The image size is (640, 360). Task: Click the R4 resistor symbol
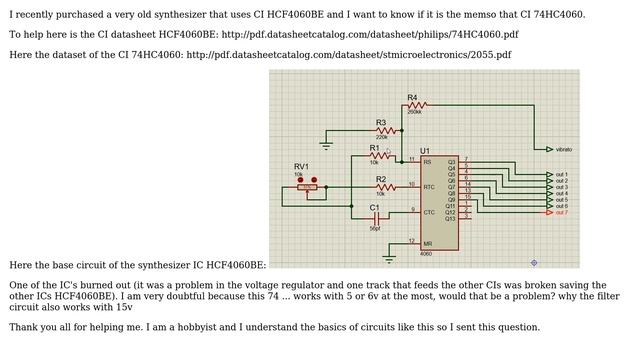pos(417,104)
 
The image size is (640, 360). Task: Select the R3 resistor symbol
pos(385,130)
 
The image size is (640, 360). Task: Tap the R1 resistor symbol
pos(379,155)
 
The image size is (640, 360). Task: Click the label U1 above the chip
pos(425,150)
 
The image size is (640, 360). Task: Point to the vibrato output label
pos(564,149)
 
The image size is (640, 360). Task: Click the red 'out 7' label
pos(561,213)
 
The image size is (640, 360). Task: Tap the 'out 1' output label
pos(561,175)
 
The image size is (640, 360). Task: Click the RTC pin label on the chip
pos(429,187)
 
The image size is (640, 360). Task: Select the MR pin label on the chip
pos(427,244)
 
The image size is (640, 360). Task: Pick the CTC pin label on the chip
pos(429,212)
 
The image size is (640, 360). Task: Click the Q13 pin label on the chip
pos(450,218)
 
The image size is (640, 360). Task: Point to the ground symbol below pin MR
pos(389,258)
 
